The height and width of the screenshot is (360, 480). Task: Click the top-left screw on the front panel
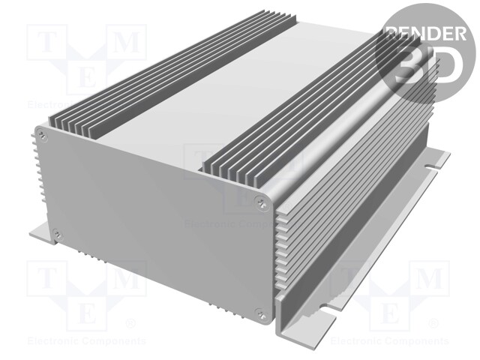pyautogui.click(x=43, y=135)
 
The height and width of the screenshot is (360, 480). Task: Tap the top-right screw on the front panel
pyautogui.click(x=262, y=200)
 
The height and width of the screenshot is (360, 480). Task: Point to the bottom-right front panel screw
pyautogui.click(x=260, y=314)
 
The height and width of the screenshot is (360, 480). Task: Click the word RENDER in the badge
pyautogui.click(x=424, y=33)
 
